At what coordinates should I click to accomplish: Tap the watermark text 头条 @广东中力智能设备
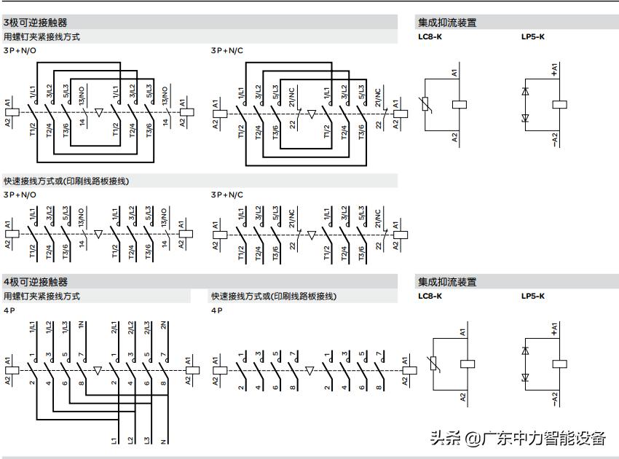tap(517, 438)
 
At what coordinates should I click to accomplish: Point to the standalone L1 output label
tap(115, 440)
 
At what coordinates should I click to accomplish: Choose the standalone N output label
tap(165, 440)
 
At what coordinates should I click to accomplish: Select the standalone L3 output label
tap(149, 440)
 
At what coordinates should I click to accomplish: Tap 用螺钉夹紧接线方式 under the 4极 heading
tap(42, 297)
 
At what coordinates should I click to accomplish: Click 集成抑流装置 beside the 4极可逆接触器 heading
tap(447, 282)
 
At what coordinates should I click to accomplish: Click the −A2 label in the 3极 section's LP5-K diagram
tap(555, 139)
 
